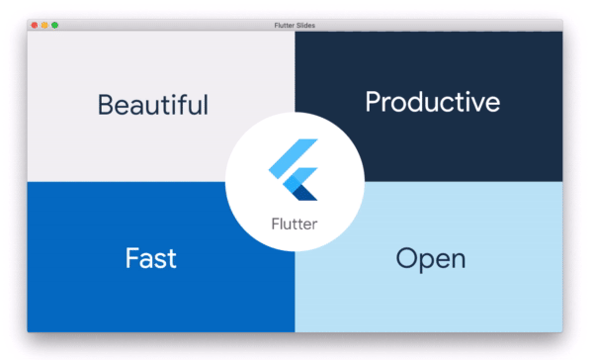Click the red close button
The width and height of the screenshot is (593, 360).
(35, 24)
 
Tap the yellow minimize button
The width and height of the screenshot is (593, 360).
(44, 24)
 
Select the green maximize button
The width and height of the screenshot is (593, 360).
(54, 24)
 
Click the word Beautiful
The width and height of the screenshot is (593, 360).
(153, 104)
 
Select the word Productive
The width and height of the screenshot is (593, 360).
(432, 102)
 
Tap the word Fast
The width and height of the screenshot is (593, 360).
(150, 259)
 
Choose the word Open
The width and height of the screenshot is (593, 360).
(430, 259)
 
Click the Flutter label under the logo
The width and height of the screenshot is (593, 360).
(295, 225)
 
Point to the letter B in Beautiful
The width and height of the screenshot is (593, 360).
(106, 104)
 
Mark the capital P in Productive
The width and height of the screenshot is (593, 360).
(373, 101)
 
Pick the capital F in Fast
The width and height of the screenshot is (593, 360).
(132, 259)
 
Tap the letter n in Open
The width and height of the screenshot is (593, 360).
(456, 261)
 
